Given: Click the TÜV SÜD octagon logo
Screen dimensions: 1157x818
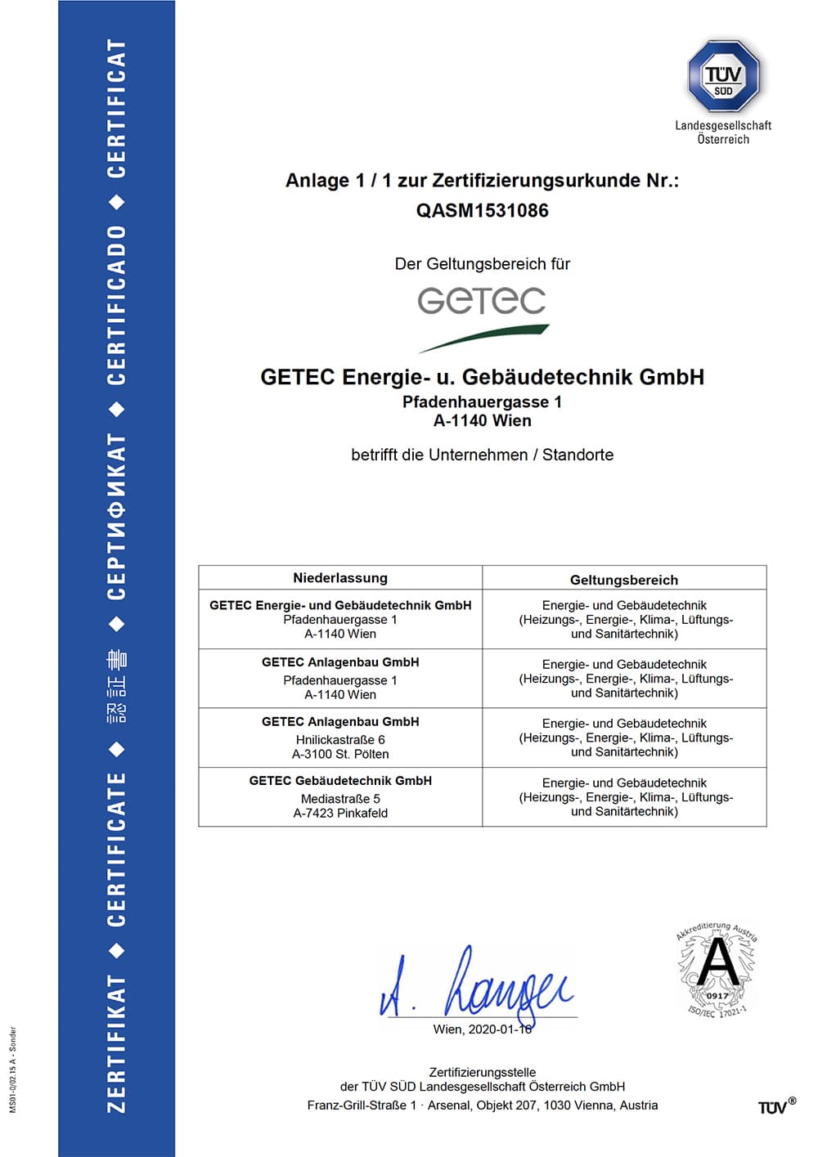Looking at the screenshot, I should [x=723, y=76].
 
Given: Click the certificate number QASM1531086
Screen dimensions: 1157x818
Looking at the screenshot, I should [x=482, y=210].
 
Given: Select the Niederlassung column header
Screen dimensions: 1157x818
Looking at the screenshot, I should [x=340, y=578].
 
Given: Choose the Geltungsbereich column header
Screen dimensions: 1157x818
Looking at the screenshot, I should [x=624, y=580].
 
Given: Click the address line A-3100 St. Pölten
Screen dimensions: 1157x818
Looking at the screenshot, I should [x=340, y=754].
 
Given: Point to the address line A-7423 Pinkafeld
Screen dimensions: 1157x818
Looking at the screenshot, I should [x=340, y=813].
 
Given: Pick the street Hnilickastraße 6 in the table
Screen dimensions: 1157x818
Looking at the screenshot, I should [x=340, y=739].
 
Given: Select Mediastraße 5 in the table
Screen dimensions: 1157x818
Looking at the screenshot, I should [x=340, y=799].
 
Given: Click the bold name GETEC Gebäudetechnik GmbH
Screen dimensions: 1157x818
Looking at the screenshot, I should [x=340, y=781].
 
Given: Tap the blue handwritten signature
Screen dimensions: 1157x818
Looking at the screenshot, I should [x=479, y=984].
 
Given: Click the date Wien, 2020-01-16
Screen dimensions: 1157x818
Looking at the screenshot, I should [x=482, y=1029].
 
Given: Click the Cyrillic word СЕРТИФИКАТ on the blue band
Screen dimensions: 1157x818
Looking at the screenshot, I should [x=117, y=517].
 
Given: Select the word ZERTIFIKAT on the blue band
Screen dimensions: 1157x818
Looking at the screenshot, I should [x=117, y=1043].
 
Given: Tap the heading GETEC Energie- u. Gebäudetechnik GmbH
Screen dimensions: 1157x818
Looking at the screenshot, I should [x=482, y=377].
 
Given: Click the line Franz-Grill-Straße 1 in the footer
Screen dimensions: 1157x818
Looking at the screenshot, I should [x=482, y=1105].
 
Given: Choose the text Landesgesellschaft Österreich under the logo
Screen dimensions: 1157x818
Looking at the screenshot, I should [x=723, y=132].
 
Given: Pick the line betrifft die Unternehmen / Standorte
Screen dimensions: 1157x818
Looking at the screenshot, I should [x=482, y=455].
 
